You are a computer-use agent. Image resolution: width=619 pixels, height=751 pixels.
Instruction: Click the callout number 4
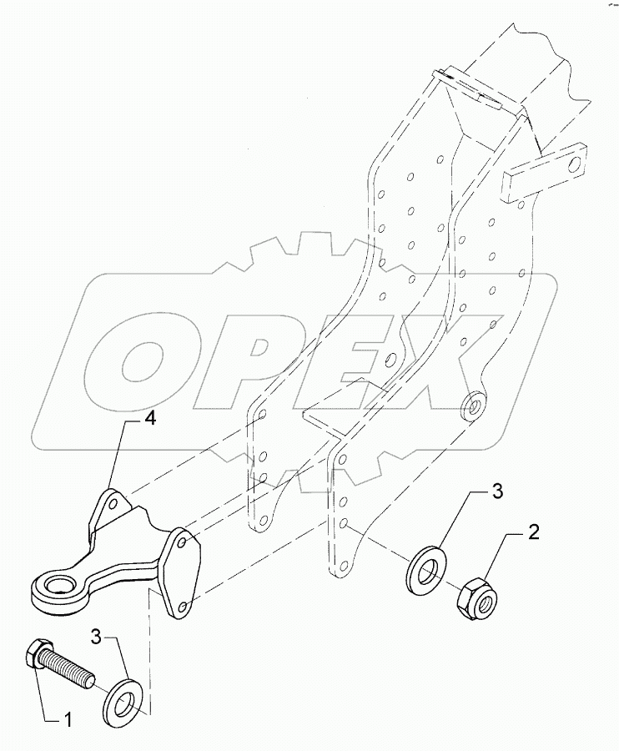point(148,421)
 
